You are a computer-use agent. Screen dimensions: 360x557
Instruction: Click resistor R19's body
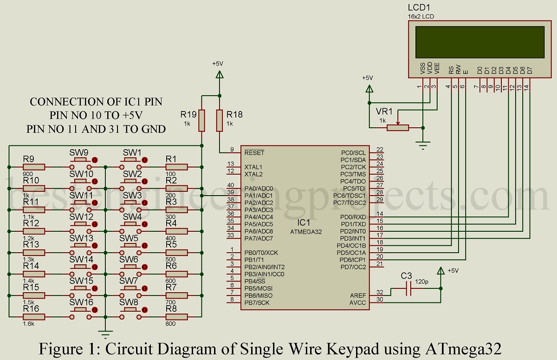(202, 121)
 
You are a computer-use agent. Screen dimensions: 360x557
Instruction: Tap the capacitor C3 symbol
(408, 288)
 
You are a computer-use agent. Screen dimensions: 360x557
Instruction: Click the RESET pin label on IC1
(254, 152)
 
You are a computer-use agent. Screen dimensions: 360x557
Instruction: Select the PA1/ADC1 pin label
(259, 196)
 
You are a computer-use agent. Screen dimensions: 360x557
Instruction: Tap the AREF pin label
(358, 296)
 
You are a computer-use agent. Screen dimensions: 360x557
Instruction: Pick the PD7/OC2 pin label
(353, 267)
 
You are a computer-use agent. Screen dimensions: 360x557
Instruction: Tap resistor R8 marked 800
(176, 316)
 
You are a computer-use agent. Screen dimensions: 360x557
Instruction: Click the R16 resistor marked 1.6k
(33, 316)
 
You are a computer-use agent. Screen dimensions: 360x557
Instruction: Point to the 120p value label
(421, 282)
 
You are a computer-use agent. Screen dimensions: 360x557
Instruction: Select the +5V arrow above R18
(219, 74)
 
